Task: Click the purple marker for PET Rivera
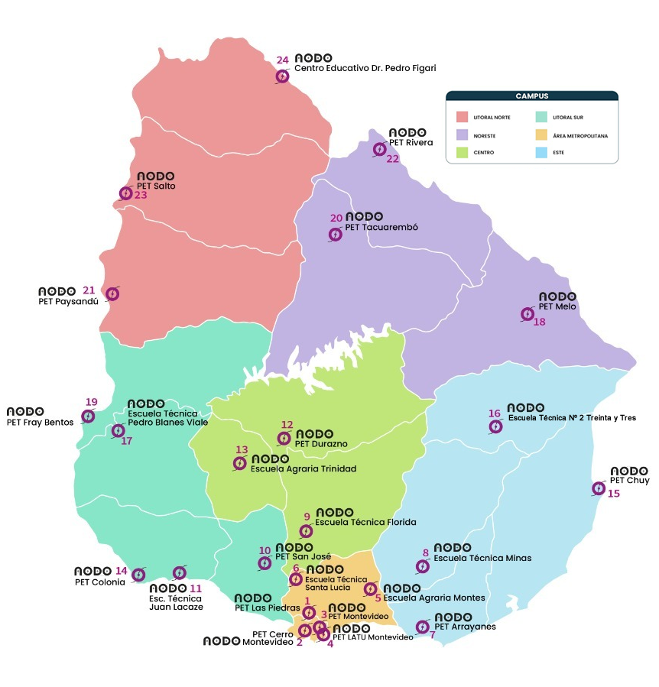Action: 379,149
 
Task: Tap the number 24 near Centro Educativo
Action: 282,60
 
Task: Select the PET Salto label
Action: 156,186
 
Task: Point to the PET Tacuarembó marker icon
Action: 335,235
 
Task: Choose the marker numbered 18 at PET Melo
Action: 528,314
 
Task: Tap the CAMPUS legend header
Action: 531,96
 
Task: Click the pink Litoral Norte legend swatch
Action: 462,117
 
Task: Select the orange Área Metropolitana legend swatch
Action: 542,134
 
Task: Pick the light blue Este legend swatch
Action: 542,152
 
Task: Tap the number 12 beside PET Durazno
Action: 287,425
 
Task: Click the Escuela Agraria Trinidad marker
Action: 239,463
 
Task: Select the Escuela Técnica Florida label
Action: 365,523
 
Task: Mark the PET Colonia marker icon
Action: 138,575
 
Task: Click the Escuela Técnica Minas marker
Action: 422,567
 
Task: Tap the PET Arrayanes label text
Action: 465,627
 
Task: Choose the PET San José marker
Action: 265,563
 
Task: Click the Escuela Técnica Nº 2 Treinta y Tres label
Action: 572,418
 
